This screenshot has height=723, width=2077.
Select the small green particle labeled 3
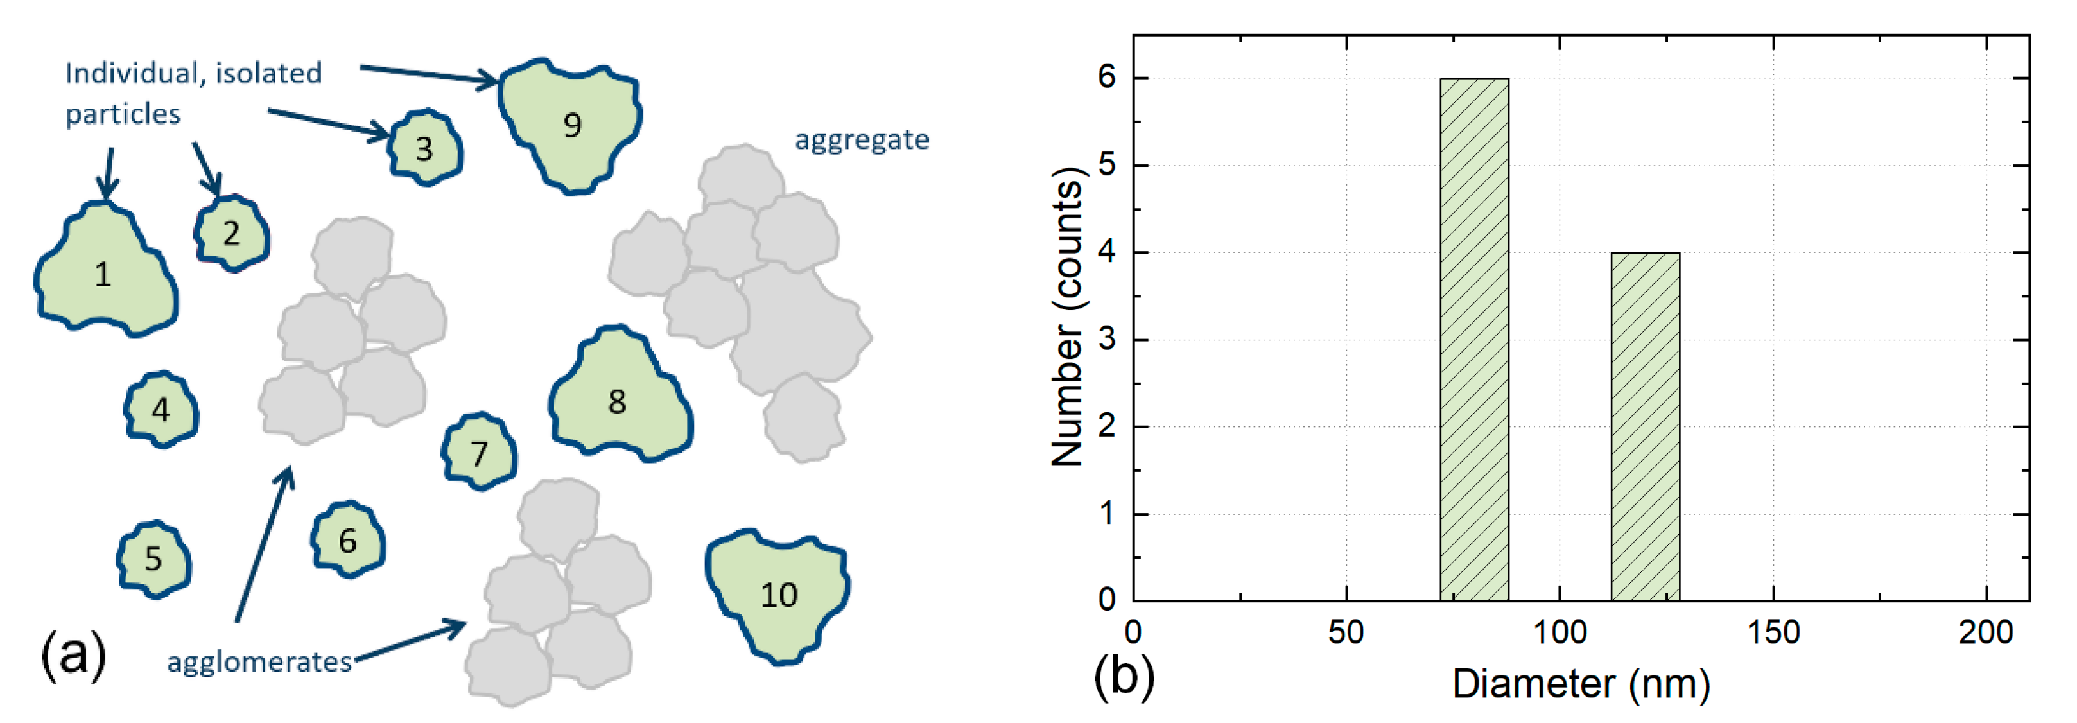pyautogui.click(x=425, y=148)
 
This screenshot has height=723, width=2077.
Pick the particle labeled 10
pyautogui.click(x=778, y=595)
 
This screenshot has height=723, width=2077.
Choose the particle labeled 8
pyautogui.click(x=618, y=400)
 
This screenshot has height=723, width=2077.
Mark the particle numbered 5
pyautogui.click(x=154, y=559)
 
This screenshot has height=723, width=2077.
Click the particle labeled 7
pyautogui.click(x=480, y=453)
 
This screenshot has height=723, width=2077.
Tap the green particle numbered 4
pyautogui.click(x=161, y=410)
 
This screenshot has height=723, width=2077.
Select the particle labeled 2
pyautogui.click(x=231, y=233)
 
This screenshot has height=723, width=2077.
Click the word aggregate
pyautogui.click(x=862, y=140)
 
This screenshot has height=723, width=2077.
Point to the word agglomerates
pyautogui.click(x=259, y=662)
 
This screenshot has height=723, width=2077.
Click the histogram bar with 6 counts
pyautogui.click(x=1474, y=338)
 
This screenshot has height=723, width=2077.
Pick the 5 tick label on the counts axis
pyautogui.click(x=1106, y=165)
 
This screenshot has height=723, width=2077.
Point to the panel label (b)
pyautogui.click(x=1123, y=675)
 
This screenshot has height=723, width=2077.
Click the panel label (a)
pyautogui.click(x=73, y=654)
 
